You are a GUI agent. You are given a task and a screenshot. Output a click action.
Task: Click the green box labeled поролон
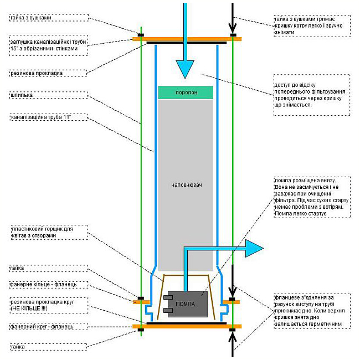click(x=186, y=92)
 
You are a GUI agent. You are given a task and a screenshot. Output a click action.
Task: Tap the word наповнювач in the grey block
click(x=187, y=185)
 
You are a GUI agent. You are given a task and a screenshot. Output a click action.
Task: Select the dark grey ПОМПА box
click(x=188, y=304)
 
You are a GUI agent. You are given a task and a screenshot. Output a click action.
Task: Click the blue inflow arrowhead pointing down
click(x=185, y=69)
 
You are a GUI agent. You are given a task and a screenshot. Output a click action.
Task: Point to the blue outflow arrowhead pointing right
click(x=254, y=248)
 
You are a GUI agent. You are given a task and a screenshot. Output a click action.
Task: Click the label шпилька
click(x=22, y=95)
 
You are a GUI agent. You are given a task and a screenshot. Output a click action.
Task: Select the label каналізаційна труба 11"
click(x=41, y=117)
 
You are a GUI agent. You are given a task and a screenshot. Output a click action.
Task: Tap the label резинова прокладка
click(x=37, y=73)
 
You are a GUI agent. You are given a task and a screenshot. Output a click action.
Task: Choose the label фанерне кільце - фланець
click(x=43, y=285)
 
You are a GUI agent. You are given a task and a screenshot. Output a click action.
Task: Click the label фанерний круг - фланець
click(x=42, y=326)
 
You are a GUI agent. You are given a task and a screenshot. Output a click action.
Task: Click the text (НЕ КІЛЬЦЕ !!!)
click(x=29, y=308)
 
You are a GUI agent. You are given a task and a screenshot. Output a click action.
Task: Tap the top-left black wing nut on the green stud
click(x=141, y=35)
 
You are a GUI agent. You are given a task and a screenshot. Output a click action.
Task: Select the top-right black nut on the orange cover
click(x=233, y=35)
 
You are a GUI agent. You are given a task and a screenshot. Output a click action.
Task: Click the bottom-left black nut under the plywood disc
click(x=141, y=330)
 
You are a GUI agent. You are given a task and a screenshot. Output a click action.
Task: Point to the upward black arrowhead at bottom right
click(x=233, y=338)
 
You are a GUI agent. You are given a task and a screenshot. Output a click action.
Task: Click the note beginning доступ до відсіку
click(x=310, y=95)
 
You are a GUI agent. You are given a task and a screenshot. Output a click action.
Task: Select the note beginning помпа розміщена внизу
click(x=312, y=197)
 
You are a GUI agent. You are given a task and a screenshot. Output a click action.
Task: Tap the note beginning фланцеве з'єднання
click(x=310, y=311)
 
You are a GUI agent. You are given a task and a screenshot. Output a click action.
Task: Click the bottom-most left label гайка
click(x=18, y=347)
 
